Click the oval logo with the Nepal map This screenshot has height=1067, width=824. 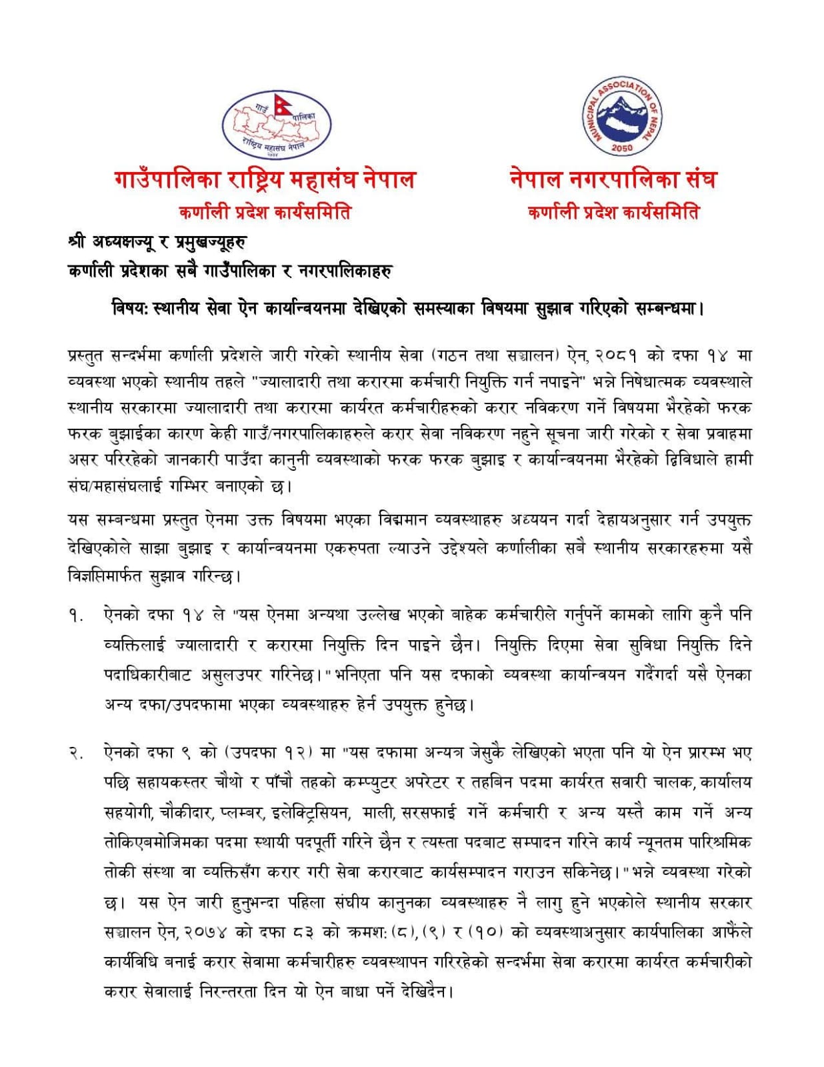tap(276, 125)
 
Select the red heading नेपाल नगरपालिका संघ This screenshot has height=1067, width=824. tap(612, 179)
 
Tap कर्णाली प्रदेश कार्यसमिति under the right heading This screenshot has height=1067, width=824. tap(613, 213)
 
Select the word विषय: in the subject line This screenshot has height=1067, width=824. tap(131, 309)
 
